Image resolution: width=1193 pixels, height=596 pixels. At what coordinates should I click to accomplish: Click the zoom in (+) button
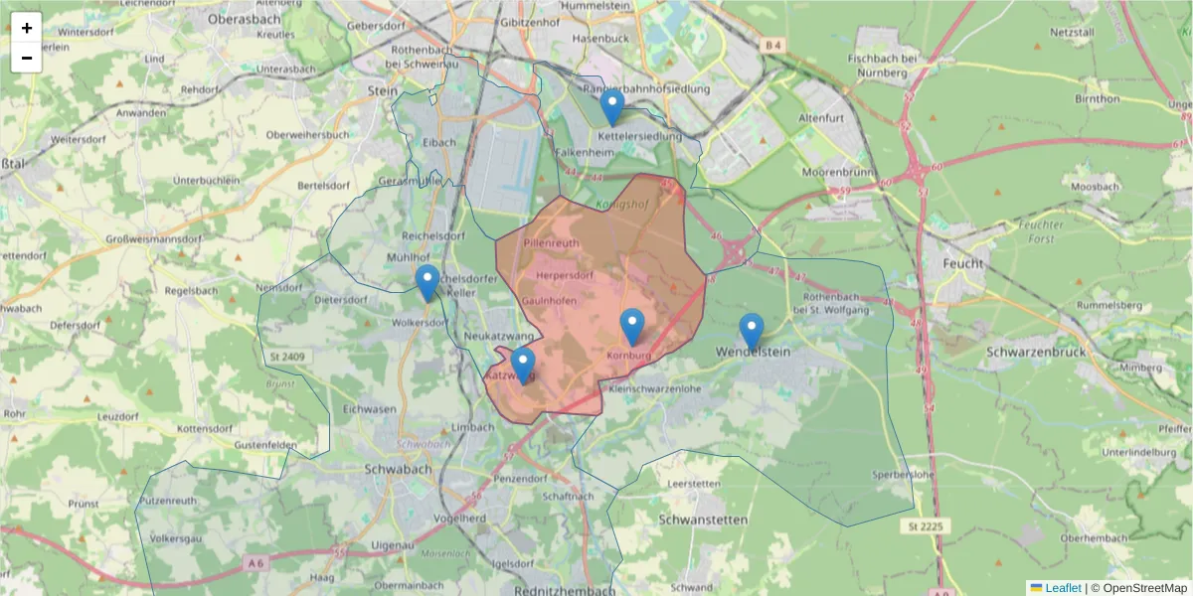27,28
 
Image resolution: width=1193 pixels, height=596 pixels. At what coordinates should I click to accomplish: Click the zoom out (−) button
27,58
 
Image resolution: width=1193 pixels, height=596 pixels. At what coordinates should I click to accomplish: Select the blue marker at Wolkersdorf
427,283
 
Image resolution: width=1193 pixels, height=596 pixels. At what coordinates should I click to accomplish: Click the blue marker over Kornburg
632,327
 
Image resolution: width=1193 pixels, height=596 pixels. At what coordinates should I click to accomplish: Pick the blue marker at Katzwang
523,366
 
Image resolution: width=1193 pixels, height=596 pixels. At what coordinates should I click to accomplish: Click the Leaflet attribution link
1062,587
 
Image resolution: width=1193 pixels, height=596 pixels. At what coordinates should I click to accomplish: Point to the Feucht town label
963,264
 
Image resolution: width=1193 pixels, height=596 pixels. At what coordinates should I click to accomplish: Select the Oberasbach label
245,18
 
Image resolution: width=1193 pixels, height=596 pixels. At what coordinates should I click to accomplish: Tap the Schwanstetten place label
704,519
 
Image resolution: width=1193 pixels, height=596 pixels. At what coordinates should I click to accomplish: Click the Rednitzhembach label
566,590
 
